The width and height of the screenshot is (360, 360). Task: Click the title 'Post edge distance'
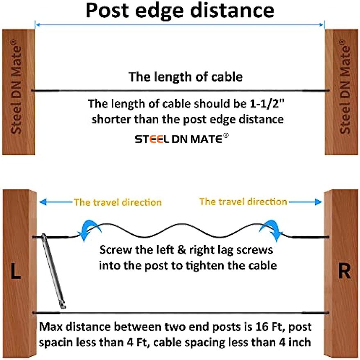180,11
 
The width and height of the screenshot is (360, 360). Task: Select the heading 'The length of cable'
186,77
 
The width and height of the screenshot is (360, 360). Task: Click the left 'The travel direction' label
118,202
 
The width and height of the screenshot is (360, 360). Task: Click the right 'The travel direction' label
243,202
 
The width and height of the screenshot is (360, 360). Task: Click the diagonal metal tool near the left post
55,272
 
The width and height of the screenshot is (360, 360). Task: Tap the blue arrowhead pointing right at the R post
319,202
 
